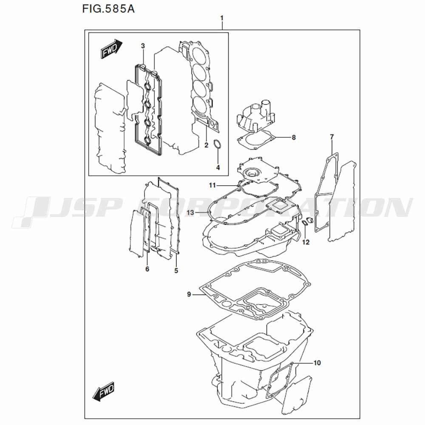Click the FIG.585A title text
point(108,9)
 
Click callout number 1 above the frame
point(222,18)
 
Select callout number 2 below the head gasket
point(206,145)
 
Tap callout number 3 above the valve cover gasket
point(143,46)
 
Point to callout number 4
point(218,167)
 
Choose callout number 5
point(176,270)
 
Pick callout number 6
point(147,269)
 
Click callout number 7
point(332,137)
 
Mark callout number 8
point(294,137)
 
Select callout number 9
point(189,294)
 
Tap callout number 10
point(317,363)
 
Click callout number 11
point(212,185)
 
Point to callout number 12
point(306,242)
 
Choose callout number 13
point(190,212)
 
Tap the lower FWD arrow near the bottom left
point(104,391)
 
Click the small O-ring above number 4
point(218,144)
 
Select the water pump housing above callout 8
point(256,115)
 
